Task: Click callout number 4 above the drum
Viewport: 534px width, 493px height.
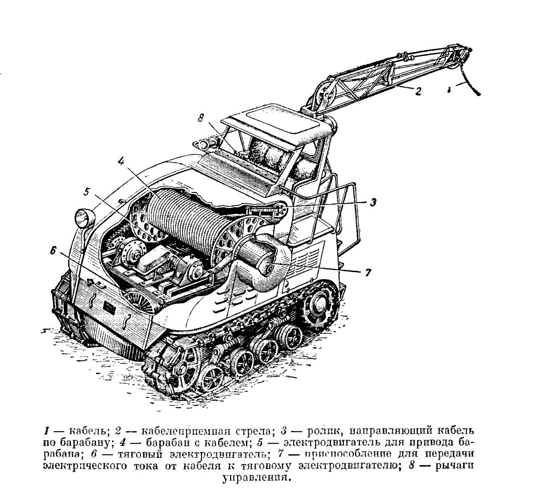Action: point(121,161)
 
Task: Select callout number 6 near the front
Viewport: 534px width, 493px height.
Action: point(53,251)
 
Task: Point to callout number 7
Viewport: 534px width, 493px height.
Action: point(368,273)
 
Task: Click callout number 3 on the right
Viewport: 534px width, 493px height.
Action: point(372,202)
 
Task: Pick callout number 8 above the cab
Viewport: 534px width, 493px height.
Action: point(201,117)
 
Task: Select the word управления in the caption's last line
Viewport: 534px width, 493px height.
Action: point(257,478)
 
